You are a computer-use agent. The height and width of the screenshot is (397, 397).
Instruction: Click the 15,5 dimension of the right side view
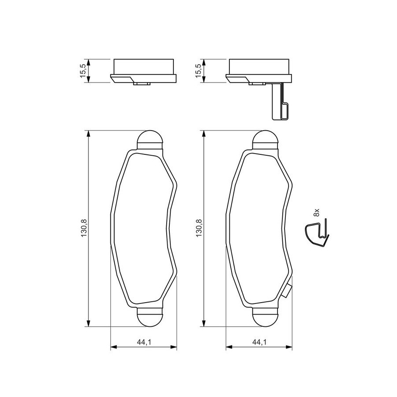click(x=199, y=71)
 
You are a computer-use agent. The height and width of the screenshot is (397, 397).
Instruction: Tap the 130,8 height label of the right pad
click(x=199, y=228)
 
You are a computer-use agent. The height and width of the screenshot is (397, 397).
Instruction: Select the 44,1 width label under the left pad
click(x=144, y=343)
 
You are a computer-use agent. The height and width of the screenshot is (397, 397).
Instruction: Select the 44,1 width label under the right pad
click(x=259, y=343)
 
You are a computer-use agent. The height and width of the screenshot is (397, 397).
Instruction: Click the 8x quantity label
click(x=316, y=212)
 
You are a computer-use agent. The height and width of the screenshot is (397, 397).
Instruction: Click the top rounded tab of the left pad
click(x=150, y=139)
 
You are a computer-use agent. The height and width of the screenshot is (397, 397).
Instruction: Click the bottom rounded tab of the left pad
click(x=150, y=317)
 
